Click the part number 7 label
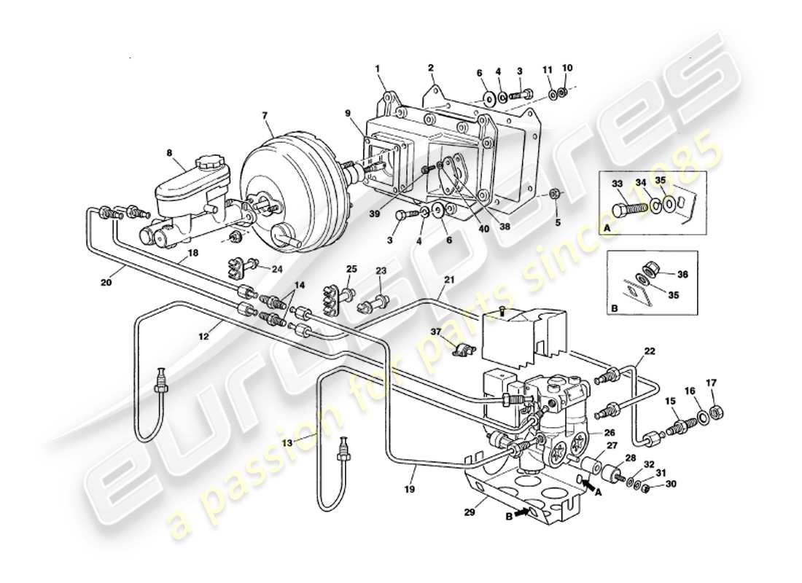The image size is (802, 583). point(265,116)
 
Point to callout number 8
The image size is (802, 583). point(169,154)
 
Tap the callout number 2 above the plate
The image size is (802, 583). point(431,68)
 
